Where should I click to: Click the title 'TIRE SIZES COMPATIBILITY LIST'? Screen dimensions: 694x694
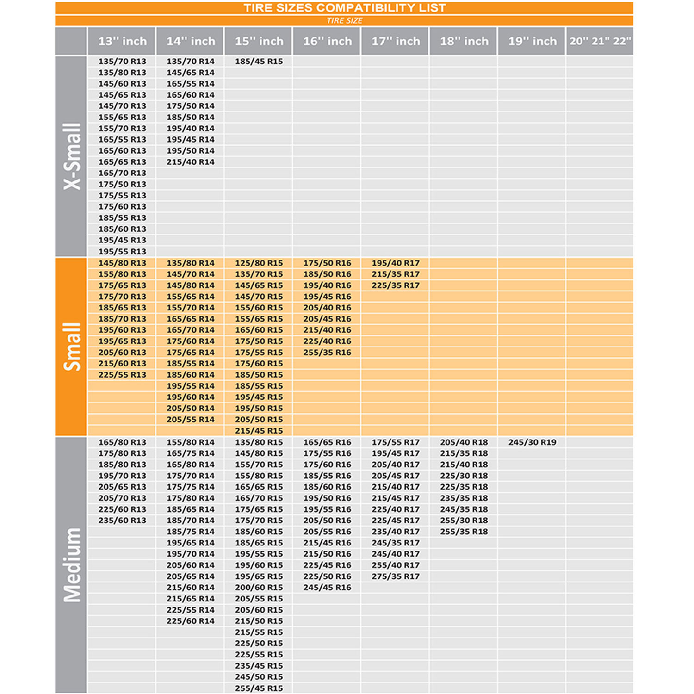[x=344, y=8]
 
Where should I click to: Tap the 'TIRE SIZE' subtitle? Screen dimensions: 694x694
[x=344, y=20]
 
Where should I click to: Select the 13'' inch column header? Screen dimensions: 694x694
[x=122, y=41]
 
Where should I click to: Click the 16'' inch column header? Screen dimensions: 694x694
[x=327, y=41]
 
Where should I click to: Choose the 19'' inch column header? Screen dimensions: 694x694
[x=532, y=41]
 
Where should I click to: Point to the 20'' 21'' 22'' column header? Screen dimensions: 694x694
[x=600, y=41]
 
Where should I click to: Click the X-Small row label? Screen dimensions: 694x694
[x=72, y=156]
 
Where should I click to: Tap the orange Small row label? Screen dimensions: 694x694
[x=72, y=347]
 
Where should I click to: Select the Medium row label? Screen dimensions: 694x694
[x=72, y=564]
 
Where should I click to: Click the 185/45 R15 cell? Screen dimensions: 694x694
[x=259, y=62]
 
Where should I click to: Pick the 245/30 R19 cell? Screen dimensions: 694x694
[x=532, y=442]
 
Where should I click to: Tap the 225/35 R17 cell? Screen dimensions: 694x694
[x=396, y=285]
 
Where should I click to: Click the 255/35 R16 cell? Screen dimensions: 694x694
[x=327, y=353]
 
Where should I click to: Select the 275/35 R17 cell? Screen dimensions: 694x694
[x=396, y=576]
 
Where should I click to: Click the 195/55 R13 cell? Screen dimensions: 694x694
[x=122, y=252]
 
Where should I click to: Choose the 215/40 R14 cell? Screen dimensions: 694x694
[x=191, y=162]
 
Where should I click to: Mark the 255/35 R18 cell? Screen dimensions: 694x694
[x=464, y=532]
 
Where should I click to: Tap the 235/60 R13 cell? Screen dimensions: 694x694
[x=122, y=520]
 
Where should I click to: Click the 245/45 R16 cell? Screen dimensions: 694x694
[x=327, y=588]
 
